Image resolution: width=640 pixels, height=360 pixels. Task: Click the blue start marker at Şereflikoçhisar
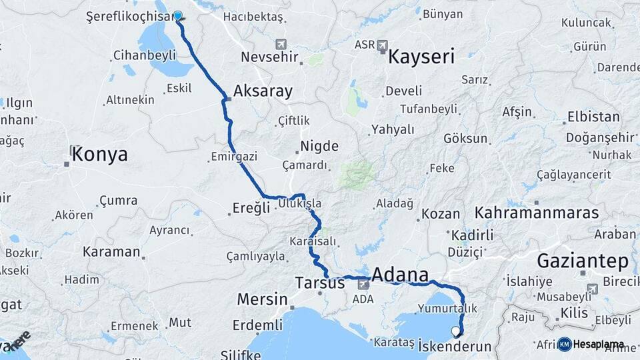[178, 16]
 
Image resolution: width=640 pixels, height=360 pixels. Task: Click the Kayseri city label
[421, 56]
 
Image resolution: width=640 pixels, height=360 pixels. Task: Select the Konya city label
[99, 155]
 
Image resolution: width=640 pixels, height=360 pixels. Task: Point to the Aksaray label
[263, 91]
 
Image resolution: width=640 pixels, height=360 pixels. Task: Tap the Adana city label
[400, 274]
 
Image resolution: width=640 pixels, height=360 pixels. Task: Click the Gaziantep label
[583, 260]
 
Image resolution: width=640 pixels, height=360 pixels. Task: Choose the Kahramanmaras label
[537, 213]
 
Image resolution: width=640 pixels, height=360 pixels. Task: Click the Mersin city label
[262, 299]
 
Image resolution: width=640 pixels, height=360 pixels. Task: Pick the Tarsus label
[320, 283]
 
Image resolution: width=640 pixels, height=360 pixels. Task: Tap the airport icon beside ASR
[382, 45]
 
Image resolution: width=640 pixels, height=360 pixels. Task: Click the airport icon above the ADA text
[363, 285]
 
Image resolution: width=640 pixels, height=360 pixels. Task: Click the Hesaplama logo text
[598, 345]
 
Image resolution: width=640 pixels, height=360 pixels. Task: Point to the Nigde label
[319, 146]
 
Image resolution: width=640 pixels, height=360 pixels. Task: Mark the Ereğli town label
[251, 207]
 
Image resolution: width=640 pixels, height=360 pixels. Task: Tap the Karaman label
[111, 252]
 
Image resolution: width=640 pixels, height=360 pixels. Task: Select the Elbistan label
[593, 117]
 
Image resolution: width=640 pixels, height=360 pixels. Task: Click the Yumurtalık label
[447, 309]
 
